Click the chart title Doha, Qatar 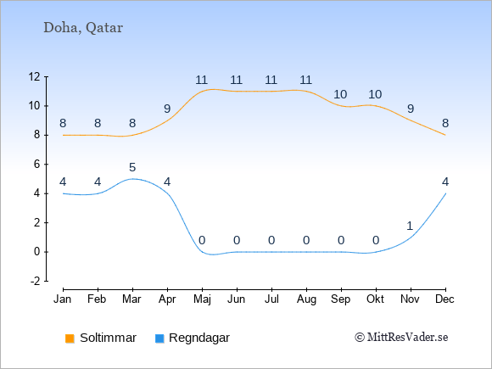[x=83, y=28]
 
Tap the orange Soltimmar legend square [x=70, y=338]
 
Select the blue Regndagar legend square [x=159, y=338]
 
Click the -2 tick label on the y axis [x=36, y=281]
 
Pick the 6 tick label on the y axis [x=37, y=164]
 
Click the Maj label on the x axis [x=202, y=299]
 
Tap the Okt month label [x=375, y=299]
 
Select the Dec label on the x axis [x=445, y=299]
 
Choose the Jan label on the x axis [x=63, y=299]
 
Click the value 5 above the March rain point [x=132, y=168]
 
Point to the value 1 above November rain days [x=410, y=226]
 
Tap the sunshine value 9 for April [x=167, y=109]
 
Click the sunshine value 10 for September [x=340, y=94]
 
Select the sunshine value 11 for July [x=271, y=80]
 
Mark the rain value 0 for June [x=237, y=241]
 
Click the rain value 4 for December [x=445, y=182]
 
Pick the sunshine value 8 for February [x=98, y=123]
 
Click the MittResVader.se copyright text [x=401, y=338]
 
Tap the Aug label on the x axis [x=306, y=299]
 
